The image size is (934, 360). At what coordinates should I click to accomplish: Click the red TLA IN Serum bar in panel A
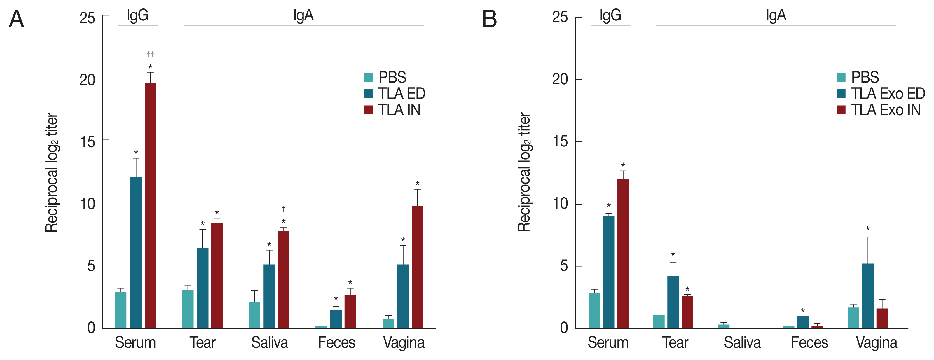(151, 205)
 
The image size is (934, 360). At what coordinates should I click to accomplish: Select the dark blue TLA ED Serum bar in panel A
(136, 252)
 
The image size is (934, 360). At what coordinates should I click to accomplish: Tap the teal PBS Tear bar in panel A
(187, 309)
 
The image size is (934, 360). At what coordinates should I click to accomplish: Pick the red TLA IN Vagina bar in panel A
(417, 267)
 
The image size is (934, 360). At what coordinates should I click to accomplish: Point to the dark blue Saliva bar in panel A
(269, 296)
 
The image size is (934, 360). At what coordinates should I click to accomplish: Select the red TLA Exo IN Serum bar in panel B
(623, 254)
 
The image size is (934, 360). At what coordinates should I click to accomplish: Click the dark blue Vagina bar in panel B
(868, 296)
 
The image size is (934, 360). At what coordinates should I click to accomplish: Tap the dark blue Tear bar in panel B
(673, 302)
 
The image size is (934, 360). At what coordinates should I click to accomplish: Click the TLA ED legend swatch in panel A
(369, 94)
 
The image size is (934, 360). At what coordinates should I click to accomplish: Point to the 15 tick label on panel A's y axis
(87, 142)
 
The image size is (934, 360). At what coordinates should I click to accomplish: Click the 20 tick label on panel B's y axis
(560, 79)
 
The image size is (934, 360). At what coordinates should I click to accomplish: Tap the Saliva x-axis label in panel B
(742, 342)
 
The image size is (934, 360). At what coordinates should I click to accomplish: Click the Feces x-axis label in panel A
(336, 342)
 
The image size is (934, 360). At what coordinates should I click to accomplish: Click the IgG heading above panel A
(137, 15)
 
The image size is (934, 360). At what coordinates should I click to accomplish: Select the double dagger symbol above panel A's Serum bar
(150, 54)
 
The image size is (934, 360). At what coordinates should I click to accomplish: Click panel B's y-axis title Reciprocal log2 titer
(524, 172)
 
